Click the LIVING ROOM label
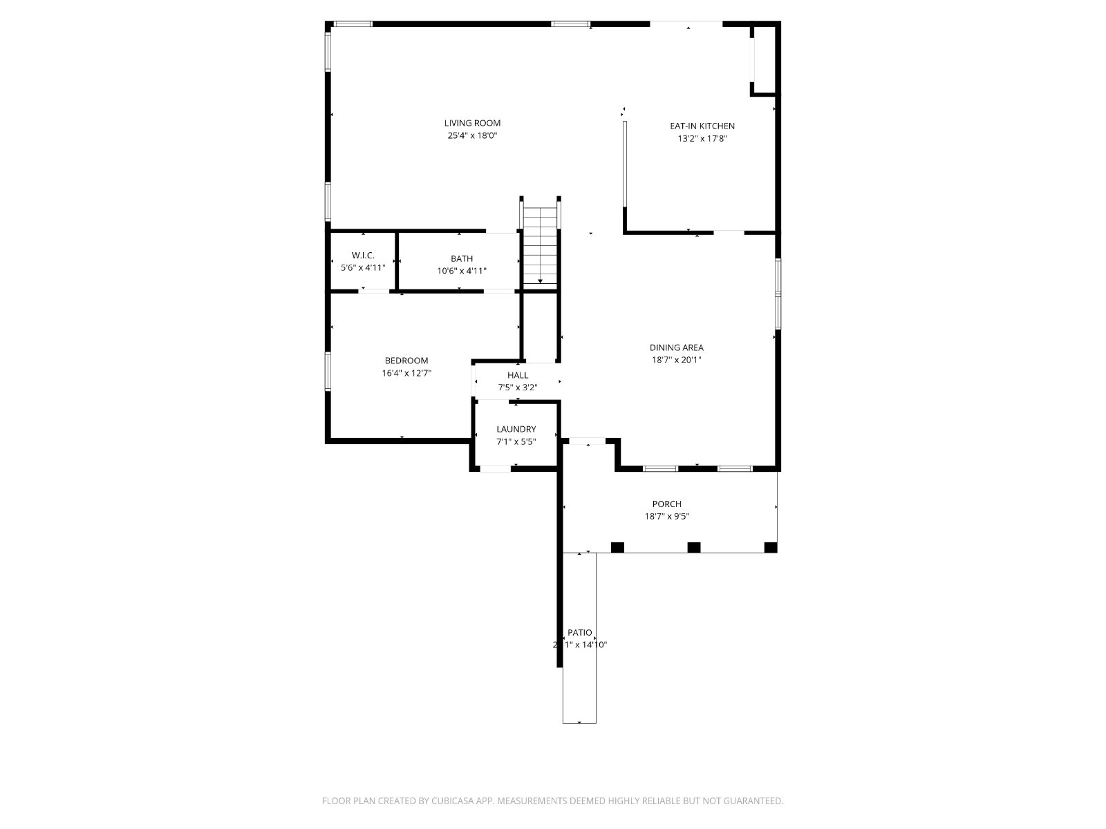pos(472,123)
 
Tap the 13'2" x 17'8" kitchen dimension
pos(702,138)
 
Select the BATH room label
pos(462,258)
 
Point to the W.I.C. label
pos(363,255)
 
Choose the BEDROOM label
pos(406,361)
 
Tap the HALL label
pos(518,375)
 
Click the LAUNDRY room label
pos(516,429)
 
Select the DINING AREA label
pos(677,347)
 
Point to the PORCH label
pos(666,504)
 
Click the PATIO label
pos(579,632)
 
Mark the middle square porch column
pos(694,547)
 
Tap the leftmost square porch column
pos(617,547)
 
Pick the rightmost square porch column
pos(771,547)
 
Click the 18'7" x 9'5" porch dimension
pos(666,517)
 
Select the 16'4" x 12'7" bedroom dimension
pos(406,373)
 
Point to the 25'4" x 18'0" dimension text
pos(472,135)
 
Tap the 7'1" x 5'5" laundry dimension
pos(516,441)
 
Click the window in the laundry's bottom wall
pos(495,469)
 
